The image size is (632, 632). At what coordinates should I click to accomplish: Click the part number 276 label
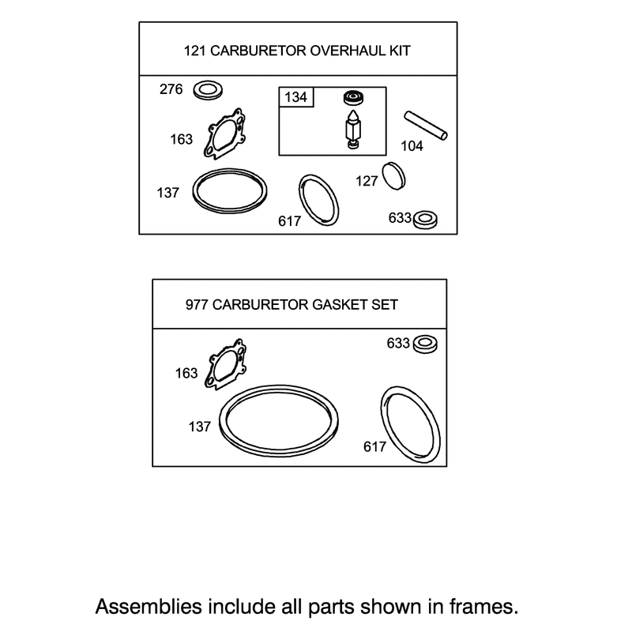pos(171,89)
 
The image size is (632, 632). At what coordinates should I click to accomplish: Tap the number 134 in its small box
pos(295,97)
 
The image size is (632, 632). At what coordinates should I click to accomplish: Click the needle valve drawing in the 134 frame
pos(353,129)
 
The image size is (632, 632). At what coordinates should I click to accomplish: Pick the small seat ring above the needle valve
pos(353,97)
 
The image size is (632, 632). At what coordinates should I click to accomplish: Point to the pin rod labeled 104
pos(426,126)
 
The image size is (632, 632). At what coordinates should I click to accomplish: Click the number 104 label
pos(412,146)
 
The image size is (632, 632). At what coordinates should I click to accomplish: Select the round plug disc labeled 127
pos(393,176)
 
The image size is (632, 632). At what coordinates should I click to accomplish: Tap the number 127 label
pos(367,182)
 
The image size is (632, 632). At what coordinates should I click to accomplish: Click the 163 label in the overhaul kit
pos(182,140)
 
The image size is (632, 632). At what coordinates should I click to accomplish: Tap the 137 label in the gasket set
pos(200,427)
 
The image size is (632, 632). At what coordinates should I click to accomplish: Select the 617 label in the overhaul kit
pos(289,221)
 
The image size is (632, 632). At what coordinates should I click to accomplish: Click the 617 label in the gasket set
pos(374,446)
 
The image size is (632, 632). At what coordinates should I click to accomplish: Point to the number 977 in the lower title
pos(197,305)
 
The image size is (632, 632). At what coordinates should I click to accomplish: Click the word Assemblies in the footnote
pos(149,607)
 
